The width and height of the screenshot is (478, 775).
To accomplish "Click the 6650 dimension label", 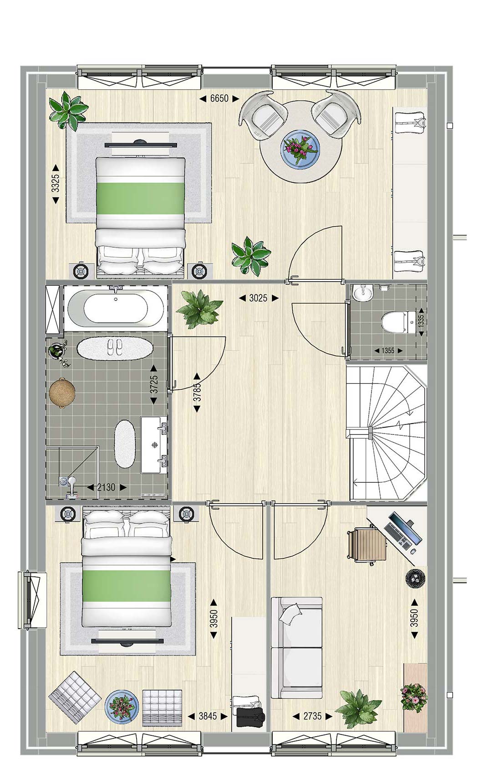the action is click(219, 98).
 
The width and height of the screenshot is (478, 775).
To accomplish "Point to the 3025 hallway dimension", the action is click(258, 298).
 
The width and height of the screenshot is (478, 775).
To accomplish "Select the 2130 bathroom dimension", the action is click(107, 487).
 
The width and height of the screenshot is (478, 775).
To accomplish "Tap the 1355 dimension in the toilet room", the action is click(388, 351).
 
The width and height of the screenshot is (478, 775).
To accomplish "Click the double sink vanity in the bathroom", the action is click(154, 445).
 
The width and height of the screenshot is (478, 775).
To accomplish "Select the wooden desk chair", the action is click(367, 546).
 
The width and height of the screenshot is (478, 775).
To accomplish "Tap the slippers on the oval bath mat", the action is click(115, 347).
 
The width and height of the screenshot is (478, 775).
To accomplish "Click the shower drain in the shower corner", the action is click(63, 480).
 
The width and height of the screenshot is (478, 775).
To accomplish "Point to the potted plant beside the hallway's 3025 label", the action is click(199, 309).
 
